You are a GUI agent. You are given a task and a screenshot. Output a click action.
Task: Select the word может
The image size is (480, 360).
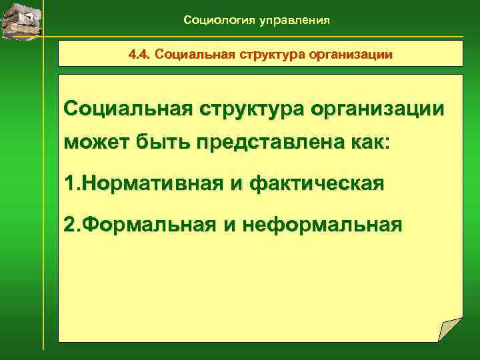[x=94, y=143]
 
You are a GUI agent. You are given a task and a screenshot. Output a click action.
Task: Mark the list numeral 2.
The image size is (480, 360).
[x=71, y=225]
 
